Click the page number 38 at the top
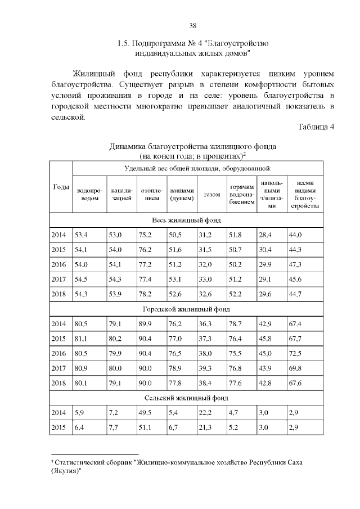[x=192, y=26]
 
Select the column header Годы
[x=61, y=187]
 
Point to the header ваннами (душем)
[x=182, y=194]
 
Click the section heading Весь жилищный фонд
[x=186, y=220]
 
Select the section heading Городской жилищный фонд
[x=186, y=309]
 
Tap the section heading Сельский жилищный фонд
[x=186, y=398]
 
